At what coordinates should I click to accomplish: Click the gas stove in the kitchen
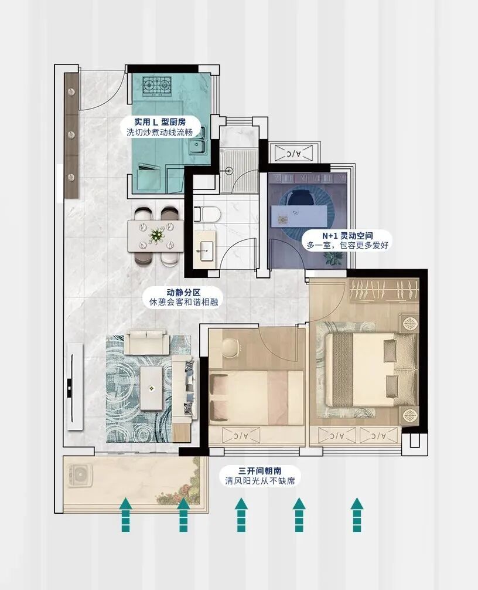click(158, 87)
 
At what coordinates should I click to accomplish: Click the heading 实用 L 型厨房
click(159, 123)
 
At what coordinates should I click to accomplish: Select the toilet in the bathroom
click(211, 214)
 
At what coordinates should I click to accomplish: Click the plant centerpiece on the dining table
click(156, 235)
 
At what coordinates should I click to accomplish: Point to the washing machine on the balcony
click(79, 475)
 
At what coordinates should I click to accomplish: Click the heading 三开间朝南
click(260, 471)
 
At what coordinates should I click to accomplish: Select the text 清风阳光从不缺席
click(260, 482)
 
